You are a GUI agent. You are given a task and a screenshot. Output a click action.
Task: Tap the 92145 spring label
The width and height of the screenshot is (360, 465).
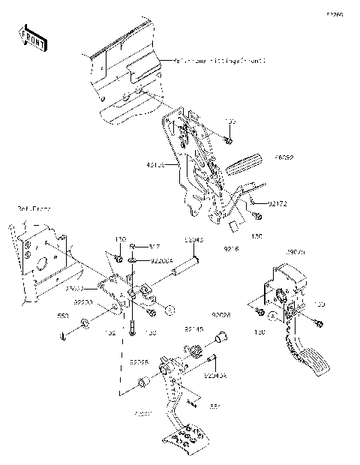(194, 328)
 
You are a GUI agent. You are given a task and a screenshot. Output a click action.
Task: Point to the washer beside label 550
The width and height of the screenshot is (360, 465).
(85, 323)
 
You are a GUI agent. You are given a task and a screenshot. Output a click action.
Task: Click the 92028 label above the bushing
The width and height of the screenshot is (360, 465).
(220, 315)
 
